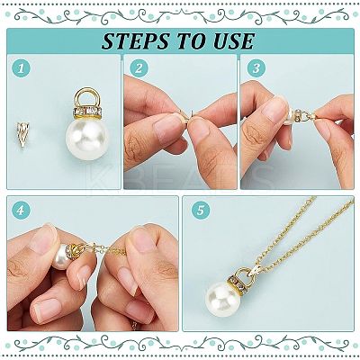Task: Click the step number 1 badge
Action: coord(21,68)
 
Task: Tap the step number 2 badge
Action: coord(139,68)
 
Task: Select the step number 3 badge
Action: coord(256,68)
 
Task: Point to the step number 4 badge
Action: coord(21,211)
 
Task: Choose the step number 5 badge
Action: coord(201,211)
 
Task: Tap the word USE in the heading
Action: coord(234,41)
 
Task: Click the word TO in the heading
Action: coord(191,41)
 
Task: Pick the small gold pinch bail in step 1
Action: coord(22,134)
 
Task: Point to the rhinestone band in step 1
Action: coord(87,113)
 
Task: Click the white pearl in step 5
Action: coord(223,301)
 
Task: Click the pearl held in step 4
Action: coord(62,256)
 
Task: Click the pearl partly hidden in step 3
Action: coord(289,116)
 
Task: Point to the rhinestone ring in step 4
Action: coord(73,250)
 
